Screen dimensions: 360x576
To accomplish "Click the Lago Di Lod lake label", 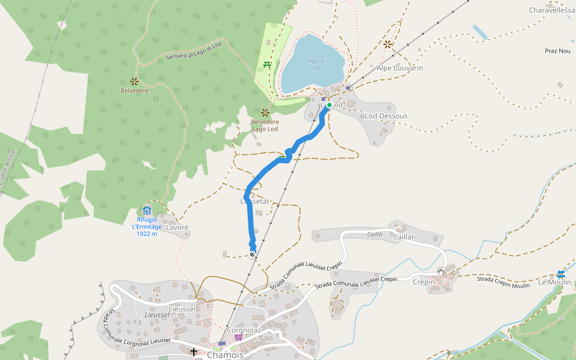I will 316,64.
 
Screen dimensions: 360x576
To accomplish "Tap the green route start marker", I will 329,105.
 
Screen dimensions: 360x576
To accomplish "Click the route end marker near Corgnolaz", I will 253,254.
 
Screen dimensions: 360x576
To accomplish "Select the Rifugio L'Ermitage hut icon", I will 147,211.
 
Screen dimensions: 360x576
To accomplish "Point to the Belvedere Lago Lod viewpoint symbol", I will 265,112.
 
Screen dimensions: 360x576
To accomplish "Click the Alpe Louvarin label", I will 400,68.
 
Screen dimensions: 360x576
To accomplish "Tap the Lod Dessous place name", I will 386,116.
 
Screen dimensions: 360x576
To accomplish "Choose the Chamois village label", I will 225,355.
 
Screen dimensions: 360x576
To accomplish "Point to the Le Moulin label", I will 555,282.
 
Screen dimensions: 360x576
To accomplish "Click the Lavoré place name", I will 177,228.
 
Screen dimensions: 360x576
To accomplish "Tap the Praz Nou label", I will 557,51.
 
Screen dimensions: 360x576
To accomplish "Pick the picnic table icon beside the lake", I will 268,64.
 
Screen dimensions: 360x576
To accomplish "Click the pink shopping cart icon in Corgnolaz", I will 238,338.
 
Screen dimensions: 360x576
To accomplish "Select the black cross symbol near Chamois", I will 194,352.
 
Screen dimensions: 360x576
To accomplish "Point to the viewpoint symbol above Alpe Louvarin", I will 388,44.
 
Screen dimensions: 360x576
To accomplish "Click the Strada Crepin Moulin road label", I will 503,282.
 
